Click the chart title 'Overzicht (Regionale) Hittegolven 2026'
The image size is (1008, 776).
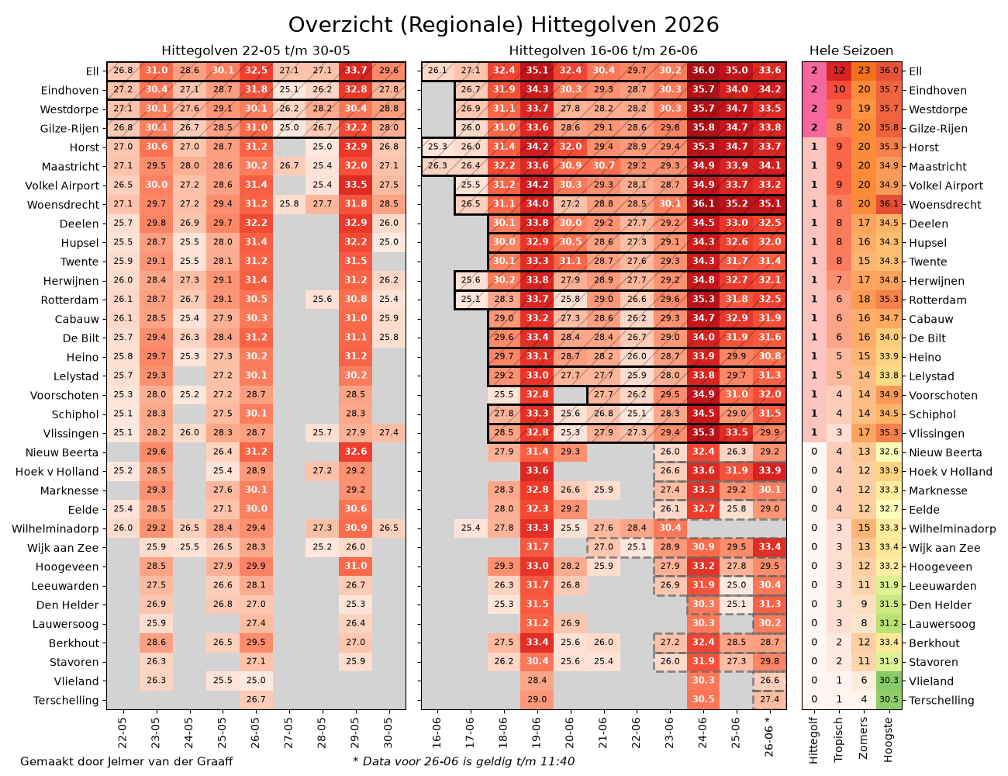503,25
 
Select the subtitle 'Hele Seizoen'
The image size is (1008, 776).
851,50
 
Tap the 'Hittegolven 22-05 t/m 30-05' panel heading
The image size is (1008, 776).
256,50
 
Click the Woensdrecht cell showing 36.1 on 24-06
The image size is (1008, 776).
703,204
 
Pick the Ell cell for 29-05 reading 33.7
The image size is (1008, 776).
356,71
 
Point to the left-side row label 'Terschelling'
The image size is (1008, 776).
66,700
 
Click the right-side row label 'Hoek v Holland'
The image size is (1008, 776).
951,472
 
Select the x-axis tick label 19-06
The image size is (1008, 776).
537,733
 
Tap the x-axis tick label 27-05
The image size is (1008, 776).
288,733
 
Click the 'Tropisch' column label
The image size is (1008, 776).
838,740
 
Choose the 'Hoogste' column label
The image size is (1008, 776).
888,740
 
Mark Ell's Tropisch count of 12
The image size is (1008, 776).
839,71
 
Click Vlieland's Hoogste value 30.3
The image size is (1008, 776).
889,681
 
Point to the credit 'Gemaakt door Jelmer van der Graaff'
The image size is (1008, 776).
126,761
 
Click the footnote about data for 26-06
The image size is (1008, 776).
464,761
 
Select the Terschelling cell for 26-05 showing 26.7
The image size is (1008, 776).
256,699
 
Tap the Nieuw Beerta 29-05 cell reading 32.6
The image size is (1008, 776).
356,452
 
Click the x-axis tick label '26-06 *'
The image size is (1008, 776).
768,736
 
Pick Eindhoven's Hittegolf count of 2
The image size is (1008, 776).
814,89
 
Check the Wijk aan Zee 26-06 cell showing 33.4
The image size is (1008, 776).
769,547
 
